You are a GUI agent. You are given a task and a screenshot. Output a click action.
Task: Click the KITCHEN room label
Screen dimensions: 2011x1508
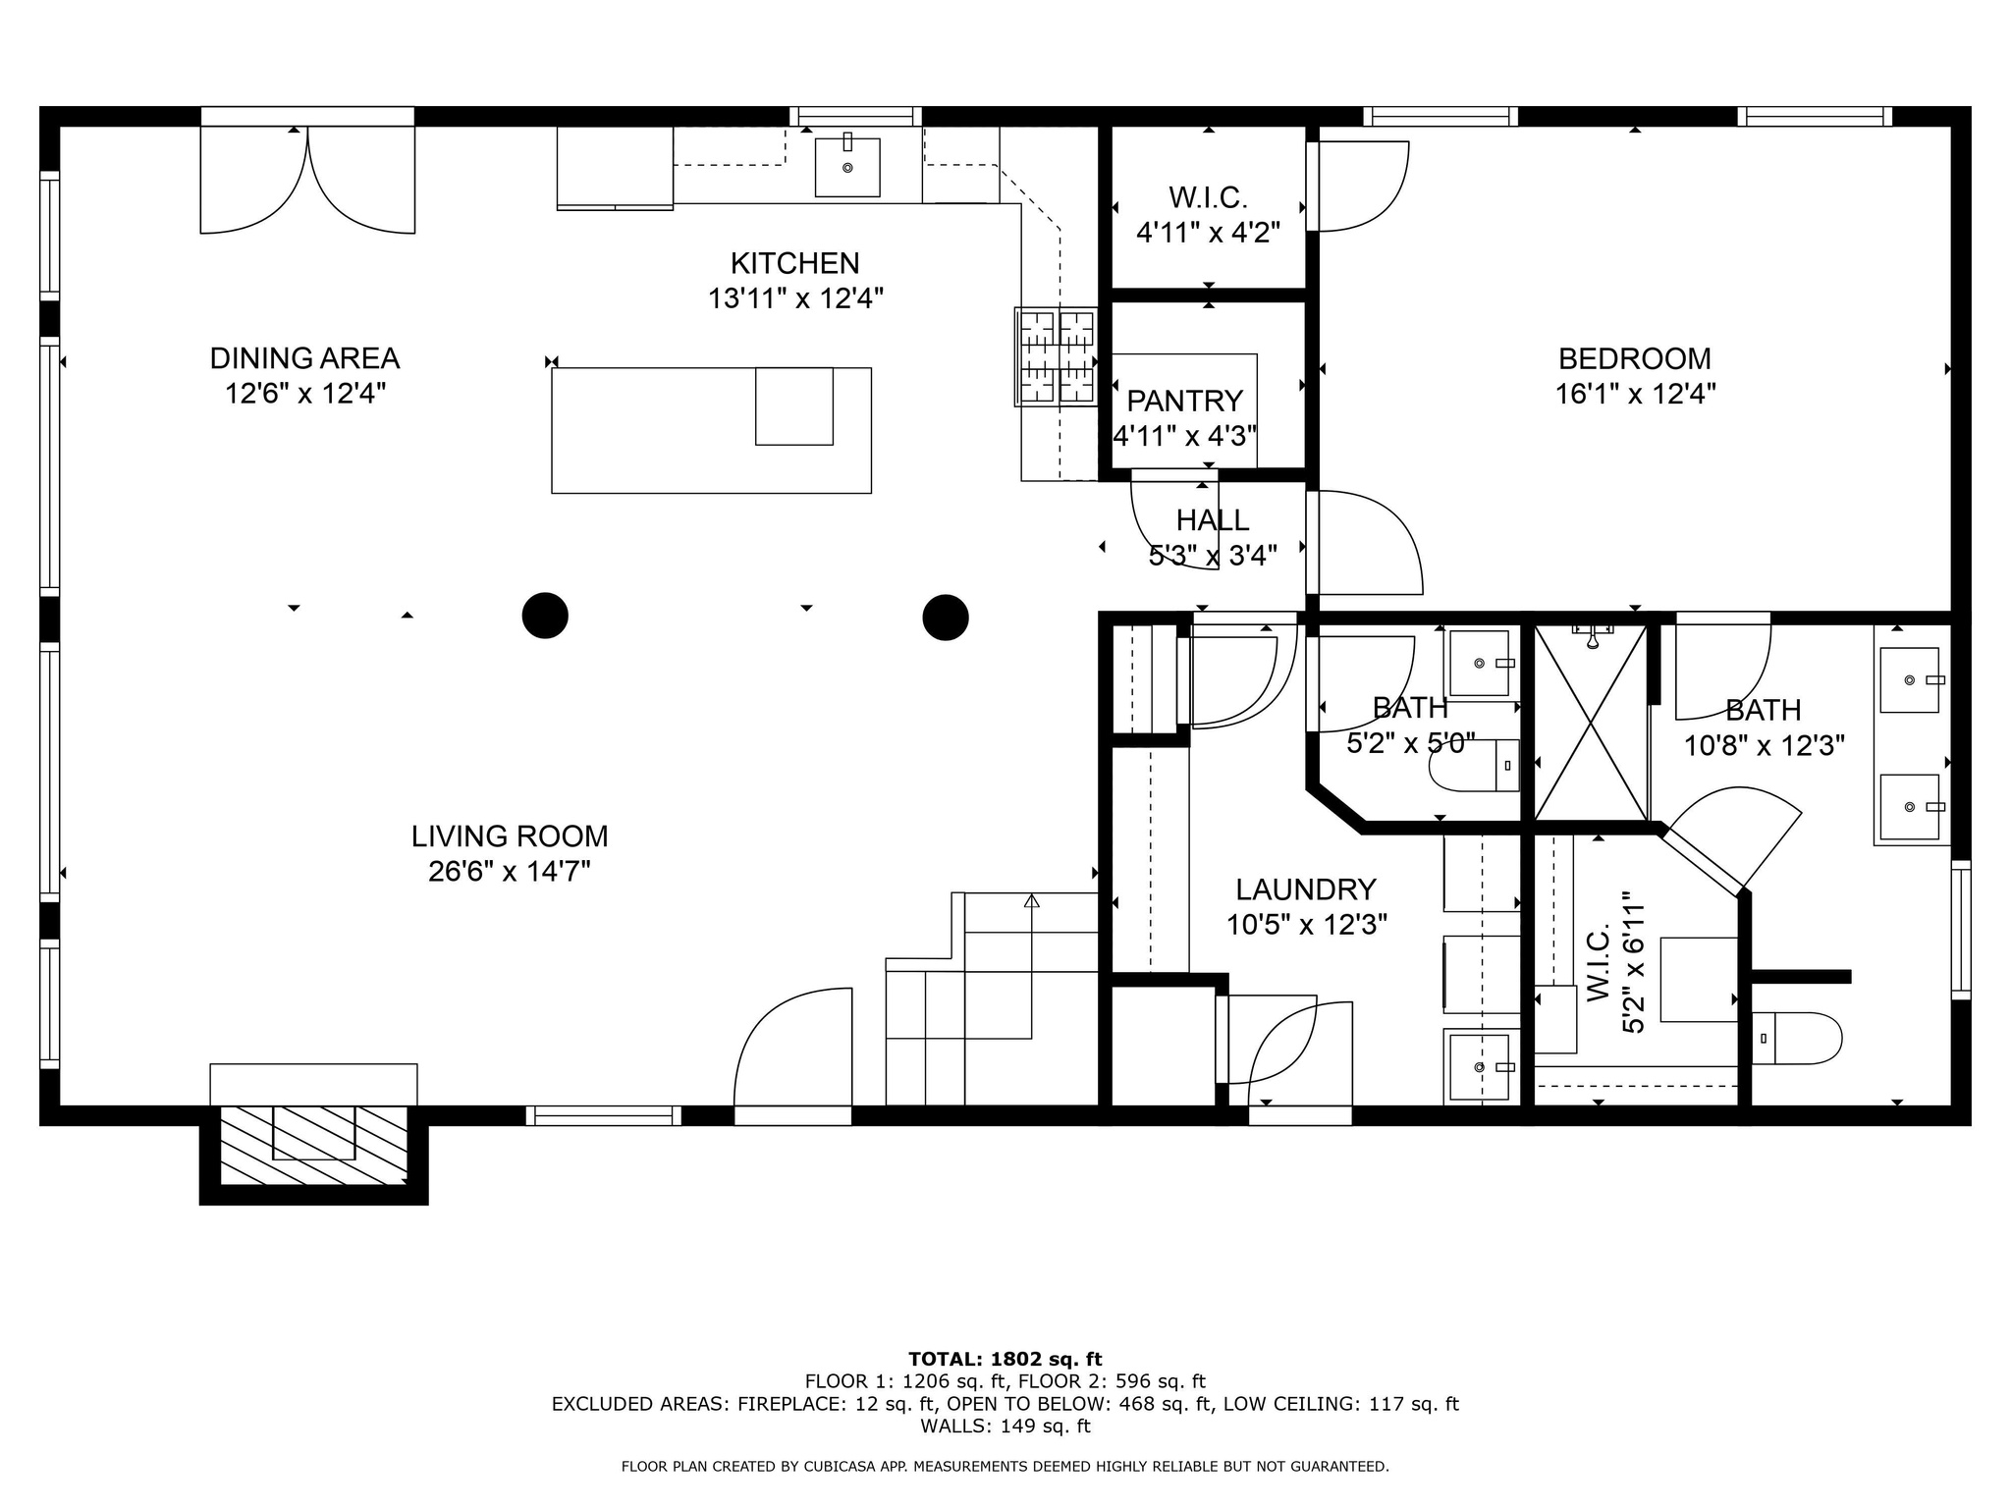[x=795, y=263]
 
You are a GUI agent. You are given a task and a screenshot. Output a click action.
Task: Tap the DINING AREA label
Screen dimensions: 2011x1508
[x=304, y=358]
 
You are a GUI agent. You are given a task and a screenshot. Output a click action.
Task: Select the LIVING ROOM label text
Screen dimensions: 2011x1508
[x=510, y=836]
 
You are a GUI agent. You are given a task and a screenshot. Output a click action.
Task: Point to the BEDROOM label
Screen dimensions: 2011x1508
[x=1635, y=358]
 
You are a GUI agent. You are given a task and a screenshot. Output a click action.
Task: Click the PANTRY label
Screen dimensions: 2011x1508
[x=1184, y=401]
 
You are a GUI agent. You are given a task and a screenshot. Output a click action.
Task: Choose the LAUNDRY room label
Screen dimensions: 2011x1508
[x=1306, y=889]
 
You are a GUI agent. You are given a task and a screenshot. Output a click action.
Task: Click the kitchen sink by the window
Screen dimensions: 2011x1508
[x=847, y=167]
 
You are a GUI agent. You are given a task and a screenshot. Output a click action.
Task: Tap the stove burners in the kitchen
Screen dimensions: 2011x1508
[x=1056, y=356]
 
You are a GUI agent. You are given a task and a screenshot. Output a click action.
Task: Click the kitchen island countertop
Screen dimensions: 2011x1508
[x=711, y=430]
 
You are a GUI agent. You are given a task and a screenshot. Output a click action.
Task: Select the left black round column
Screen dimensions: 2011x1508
[x=545, y=617]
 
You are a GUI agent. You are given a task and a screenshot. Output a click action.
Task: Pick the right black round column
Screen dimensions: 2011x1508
[x=946, y=618]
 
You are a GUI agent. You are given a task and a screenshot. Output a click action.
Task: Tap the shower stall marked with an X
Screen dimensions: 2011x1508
[x=1591, y=723]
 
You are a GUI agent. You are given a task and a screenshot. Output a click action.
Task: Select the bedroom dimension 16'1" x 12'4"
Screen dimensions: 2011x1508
[x=1635, y=394]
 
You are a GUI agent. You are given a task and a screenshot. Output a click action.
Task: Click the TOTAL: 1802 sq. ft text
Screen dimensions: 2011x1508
[x=1005, y=1360]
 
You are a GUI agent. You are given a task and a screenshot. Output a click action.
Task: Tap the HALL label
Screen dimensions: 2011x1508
[x=1213, y=520]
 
